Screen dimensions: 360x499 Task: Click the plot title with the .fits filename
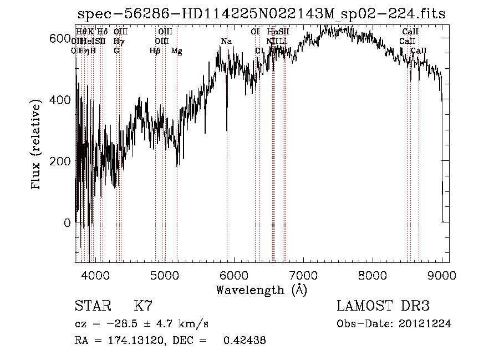tap(261, 14)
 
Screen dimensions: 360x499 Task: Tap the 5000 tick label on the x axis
tap(164, 275)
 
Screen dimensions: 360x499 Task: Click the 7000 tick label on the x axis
tap(303, 275)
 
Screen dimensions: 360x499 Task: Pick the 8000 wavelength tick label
tap(372, 275)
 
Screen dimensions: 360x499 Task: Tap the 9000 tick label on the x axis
tap(441, 275)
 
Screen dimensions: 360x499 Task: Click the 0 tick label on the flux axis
tap(67, 223)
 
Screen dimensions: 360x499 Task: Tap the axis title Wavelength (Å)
tap(261, 290)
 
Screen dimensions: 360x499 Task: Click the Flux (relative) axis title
tap(37, 145)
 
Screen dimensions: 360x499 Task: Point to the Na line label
tap(226, 42)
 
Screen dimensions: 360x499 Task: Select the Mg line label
tap(176, 51)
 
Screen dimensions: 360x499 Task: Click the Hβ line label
tap(155, 51)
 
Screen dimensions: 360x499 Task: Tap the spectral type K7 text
tap(143, 306)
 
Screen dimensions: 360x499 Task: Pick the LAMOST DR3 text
tap(383, 306)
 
